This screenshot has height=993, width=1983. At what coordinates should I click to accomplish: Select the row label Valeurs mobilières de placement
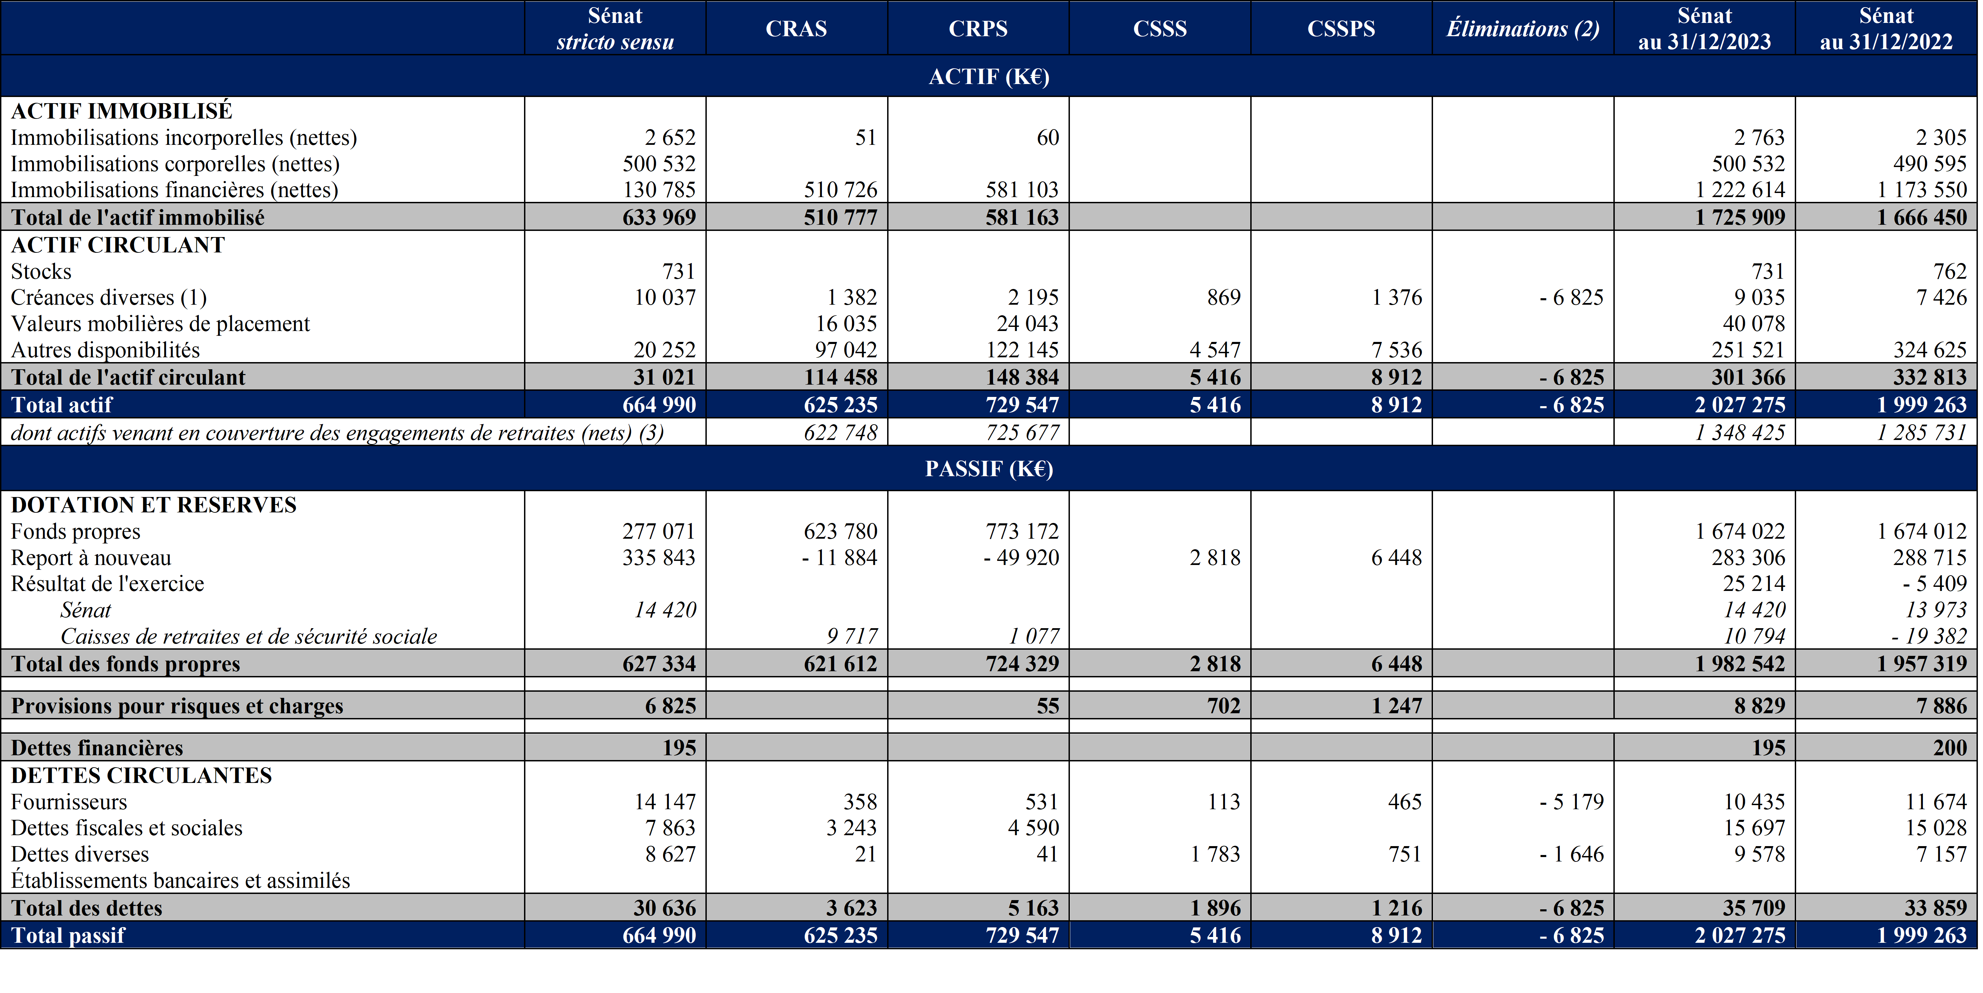(160, 323)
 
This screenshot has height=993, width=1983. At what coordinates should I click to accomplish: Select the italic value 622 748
(841, 432)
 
